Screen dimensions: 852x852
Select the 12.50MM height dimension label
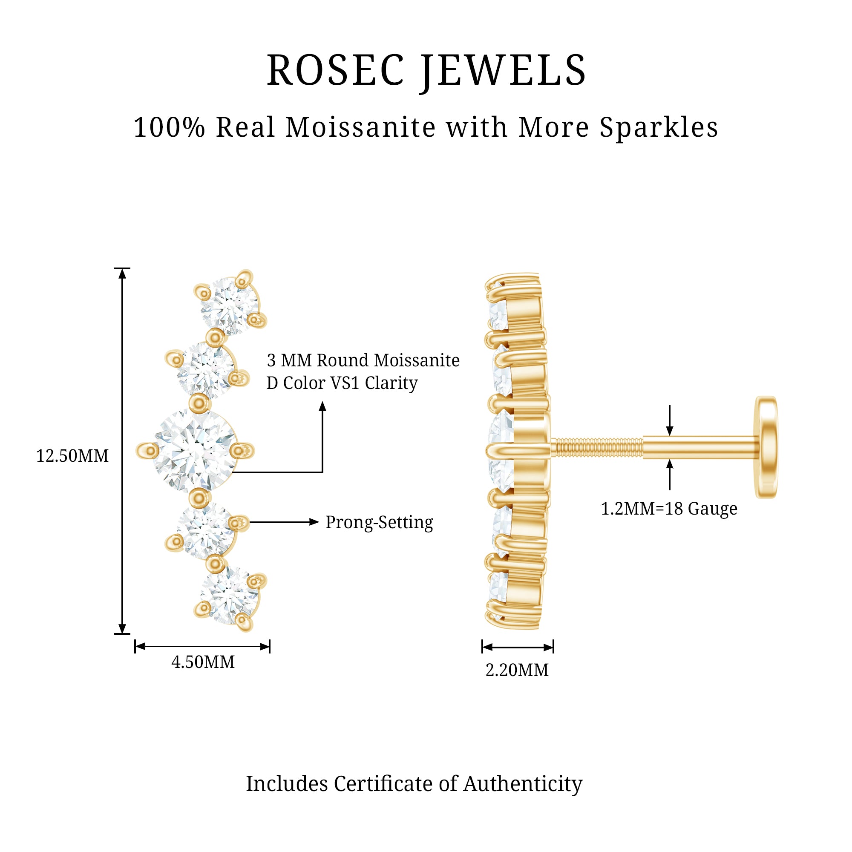pos(72,456)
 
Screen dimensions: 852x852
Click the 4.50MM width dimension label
pos(203,662)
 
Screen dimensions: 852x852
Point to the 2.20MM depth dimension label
pos(517,670)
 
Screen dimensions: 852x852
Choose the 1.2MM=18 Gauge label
pos(669,509)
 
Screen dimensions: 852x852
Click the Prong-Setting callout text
pos(379,522)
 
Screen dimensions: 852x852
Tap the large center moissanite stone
pos(195,451)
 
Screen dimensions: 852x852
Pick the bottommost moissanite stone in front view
pos(229,596)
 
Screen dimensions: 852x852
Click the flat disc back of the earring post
pos(766,447)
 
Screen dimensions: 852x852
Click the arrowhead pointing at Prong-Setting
pos(314,522)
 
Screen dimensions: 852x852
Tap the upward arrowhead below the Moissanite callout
pos(322,406)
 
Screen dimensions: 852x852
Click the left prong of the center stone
pos(147,451)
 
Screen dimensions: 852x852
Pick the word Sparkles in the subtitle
pos(659,128)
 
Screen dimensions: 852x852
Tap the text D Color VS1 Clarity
pos(342,383)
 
